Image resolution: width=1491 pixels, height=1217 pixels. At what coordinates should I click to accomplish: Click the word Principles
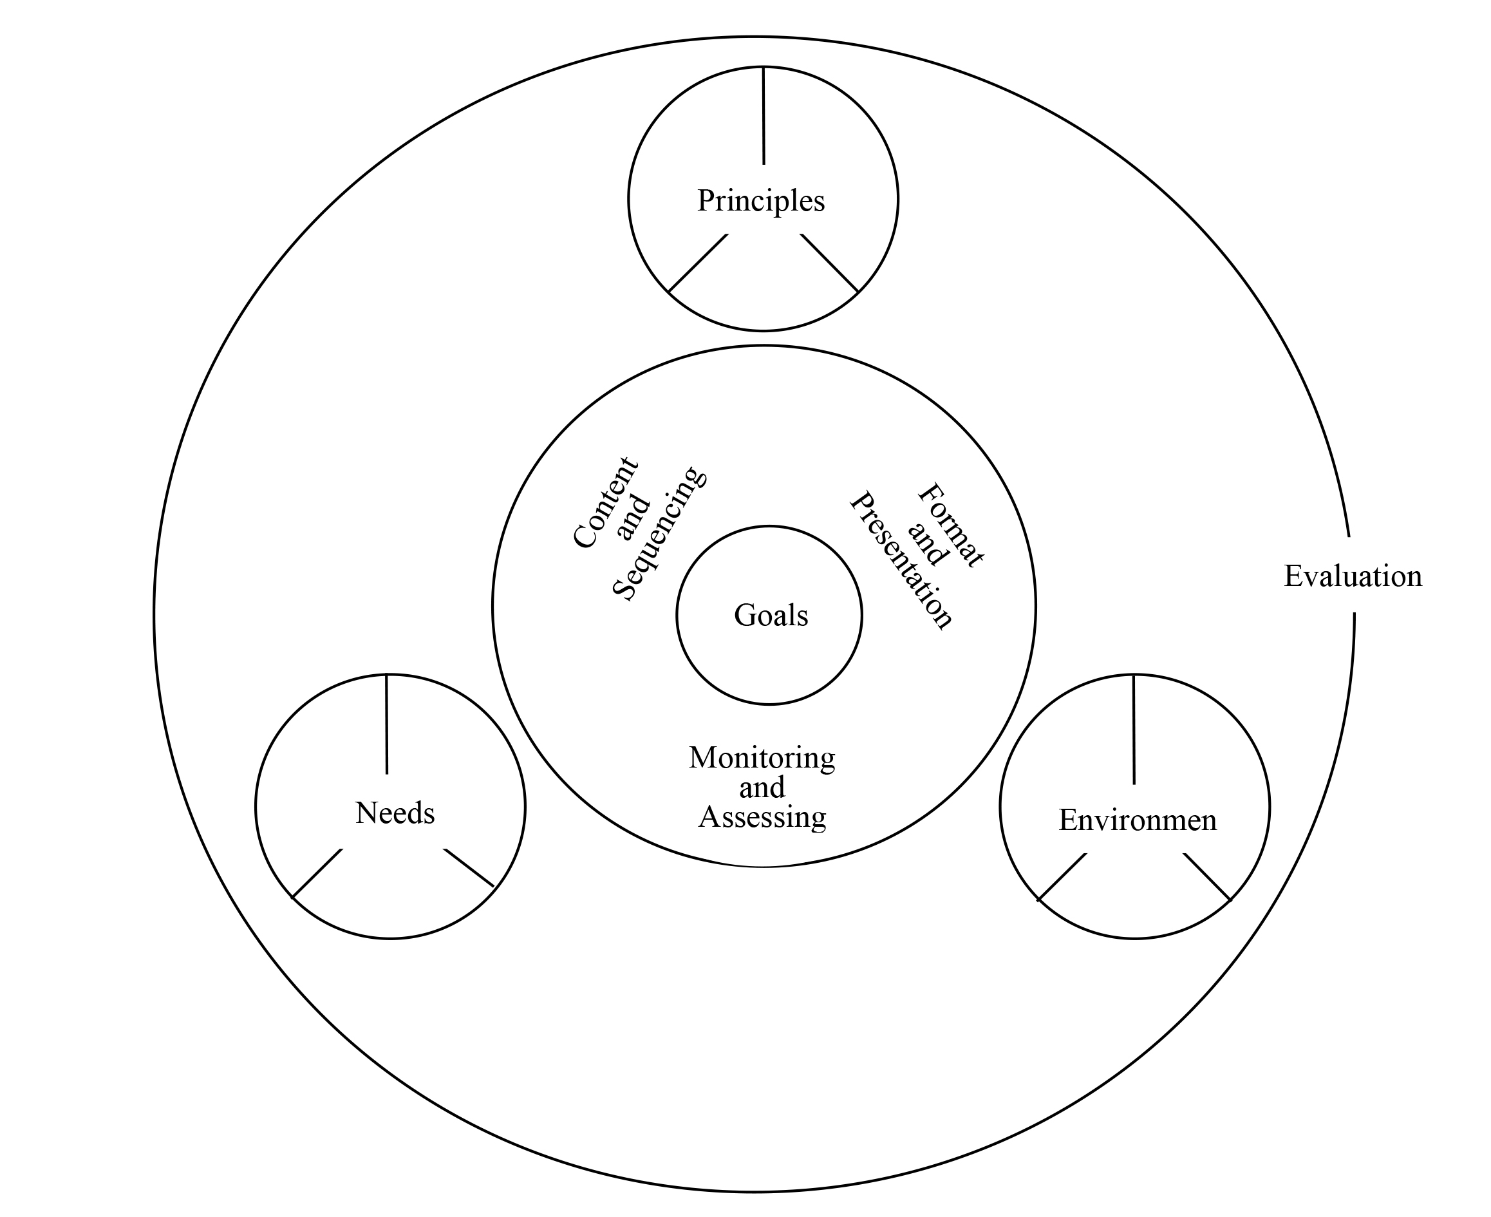tap(760, 201)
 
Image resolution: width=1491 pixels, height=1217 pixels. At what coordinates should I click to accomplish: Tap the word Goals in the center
tap(771, 616)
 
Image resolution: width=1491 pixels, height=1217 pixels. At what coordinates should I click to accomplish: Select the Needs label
tap(395, 813)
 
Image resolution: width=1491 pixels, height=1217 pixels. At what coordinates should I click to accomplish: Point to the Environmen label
tap(1137, 820)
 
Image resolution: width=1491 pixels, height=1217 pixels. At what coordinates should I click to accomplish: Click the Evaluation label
tap(1352, 576)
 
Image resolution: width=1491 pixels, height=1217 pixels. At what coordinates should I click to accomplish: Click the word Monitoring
tap(762, 758)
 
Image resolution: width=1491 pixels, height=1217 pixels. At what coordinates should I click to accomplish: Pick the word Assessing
tap(762, 817)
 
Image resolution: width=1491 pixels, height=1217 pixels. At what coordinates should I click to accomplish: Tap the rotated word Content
tap(605, 503)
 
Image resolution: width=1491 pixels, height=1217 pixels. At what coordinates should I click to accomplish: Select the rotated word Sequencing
tap(658, 533)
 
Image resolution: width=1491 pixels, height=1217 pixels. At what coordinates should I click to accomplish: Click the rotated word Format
tap(950, 525)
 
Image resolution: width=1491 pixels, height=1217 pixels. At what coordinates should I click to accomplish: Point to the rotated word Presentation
tap(901, 560)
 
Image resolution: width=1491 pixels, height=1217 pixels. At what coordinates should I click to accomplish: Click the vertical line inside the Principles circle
tap(764, 116)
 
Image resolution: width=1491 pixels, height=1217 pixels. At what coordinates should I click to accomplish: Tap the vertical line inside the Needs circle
tap(387, 724)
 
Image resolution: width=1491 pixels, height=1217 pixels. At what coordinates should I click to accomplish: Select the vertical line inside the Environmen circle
tap(1134, 729)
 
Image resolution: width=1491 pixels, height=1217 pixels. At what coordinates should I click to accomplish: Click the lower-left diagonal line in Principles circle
tap(699, 263)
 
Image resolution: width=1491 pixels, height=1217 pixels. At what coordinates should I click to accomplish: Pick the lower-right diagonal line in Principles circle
tap(829, 263)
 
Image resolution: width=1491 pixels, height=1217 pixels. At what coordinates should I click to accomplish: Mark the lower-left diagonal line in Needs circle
tap(317, 874)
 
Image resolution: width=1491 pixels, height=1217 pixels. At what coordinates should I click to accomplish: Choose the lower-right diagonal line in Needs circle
tap(470, 868)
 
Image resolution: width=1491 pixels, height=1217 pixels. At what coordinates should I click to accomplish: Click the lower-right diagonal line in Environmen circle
tap(1206, 876)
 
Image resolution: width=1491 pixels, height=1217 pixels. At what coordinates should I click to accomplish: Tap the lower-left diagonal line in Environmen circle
tap(1062, 877)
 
